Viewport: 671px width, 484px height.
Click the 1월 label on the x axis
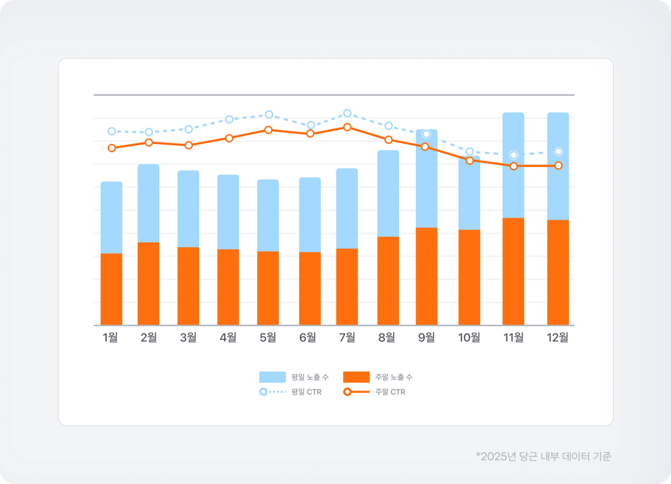pyautogui.click(x=110, y=337)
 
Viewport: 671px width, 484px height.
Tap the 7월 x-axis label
pyautogui.click(x=347, y=337)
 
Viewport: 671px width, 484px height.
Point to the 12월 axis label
pyautogui.click(x=557, y=337)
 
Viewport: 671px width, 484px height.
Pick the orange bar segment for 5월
pyautogui.click(x=268, y=288)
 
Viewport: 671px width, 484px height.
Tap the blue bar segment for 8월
pyautogui.click(x=388, y=194)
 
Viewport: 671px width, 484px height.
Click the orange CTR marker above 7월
pyautogui.click(x=347, y=127)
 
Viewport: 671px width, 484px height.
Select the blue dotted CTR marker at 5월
pyautogui.click(x=269, y=114)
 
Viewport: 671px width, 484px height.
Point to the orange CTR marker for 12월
pyautogui.click(x=558, y=166)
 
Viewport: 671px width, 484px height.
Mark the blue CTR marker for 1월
pyautogui.click(x=112, y=132)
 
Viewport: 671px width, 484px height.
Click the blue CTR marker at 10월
pyautogui.click(x=470, y=152)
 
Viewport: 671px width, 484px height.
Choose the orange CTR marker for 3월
pyautogui.click(x=189, y=145)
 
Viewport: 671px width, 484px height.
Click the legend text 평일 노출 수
pyautogui.click(x=310, y=377)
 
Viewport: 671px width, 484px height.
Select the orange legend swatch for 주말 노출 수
pyautogui.click(x=356, y=377)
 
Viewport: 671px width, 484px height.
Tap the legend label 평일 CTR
pyautogui.click(x=306, y=392)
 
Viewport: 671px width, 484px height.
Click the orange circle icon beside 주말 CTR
pyautogui.click(x=347, y=392)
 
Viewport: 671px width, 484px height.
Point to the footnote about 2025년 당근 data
pyautogui.click(x=543, y=457)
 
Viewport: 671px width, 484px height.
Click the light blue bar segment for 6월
pyautogui.click(x=310, y=215)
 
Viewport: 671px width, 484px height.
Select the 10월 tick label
pyautogui.click(x=469, y=337)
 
